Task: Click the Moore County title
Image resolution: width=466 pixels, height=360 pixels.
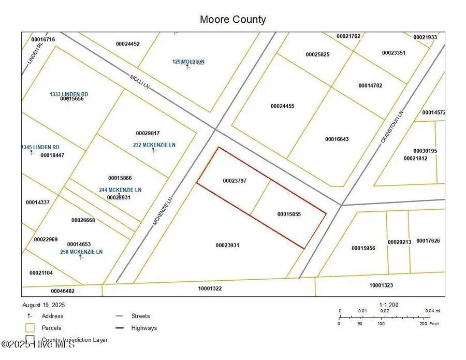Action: [x=232, y=20]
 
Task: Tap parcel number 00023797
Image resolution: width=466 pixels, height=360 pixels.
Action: [x=234, y=181]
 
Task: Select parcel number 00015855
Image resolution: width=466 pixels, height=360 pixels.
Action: [x=289, y=214]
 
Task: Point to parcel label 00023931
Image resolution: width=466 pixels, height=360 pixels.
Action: [x=227, y=245]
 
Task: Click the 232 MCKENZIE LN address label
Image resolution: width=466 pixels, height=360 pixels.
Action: [x=154, y=145]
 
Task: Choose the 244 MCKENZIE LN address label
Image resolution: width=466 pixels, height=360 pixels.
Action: [x=120, y=190]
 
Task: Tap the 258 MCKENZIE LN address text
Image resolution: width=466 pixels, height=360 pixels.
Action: [x=82, y=252]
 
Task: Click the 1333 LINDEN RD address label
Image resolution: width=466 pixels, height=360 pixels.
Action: [x=69, y=94]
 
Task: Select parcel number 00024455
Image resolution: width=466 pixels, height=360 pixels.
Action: [x=282, y=106]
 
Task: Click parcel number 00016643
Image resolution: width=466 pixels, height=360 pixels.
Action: [x=337, y=139]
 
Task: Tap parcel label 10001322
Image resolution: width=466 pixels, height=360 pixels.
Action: [x=210, y=289]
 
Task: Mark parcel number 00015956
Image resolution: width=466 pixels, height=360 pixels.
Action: [x=363, y=248]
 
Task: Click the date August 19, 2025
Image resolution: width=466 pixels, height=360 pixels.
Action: [x=43, y=305]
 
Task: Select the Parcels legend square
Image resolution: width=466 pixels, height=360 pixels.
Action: [x=30, y=328]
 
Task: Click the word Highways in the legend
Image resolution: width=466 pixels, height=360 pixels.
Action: [x=144, y=328]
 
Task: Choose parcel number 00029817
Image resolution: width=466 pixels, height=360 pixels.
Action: [x=148, y=133]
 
